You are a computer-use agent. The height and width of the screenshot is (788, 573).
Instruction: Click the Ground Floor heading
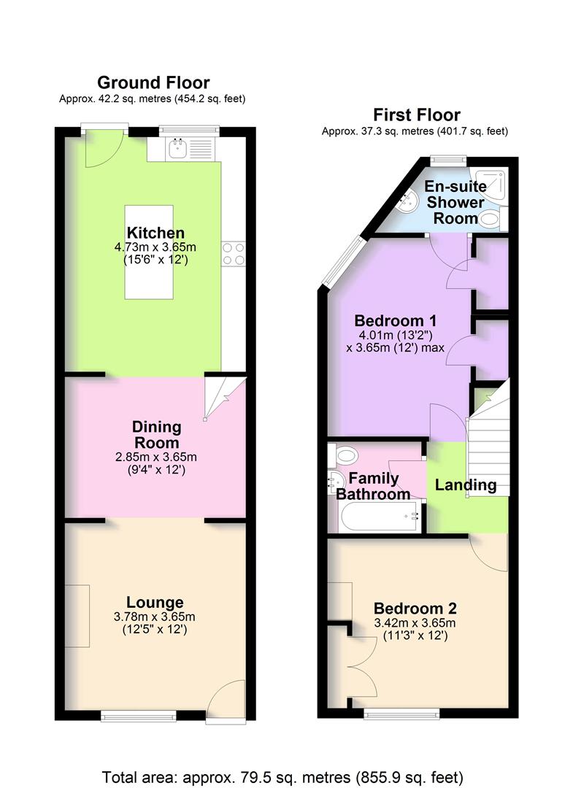[x=153, y=82]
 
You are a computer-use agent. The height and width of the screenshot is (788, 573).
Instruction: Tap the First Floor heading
[x=417, y=115]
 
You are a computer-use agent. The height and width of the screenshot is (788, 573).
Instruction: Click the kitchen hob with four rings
[x=234, y=254]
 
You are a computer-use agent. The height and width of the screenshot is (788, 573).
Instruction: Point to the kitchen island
[x=149, y=252]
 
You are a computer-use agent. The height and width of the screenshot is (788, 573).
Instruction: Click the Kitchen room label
[x=155, y=233]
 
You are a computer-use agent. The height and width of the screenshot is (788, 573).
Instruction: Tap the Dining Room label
[x=156, y=435]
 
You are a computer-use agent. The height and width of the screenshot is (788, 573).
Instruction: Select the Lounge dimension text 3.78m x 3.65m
[x=155, y=617]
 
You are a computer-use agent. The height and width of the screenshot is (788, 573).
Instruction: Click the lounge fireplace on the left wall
[x=77, y=616]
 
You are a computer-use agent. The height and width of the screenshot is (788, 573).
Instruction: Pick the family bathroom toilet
[x=343, y=456]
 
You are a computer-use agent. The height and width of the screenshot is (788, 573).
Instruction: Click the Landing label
[x=466, y=485]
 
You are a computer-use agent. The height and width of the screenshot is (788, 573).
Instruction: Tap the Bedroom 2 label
[x=415, y=609]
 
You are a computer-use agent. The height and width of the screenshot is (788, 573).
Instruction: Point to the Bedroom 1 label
[x=396, y=320]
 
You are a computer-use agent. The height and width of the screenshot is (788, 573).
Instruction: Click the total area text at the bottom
[x=282, y=777]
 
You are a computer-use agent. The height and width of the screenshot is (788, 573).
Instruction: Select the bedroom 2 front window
[x=401, y=714]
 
